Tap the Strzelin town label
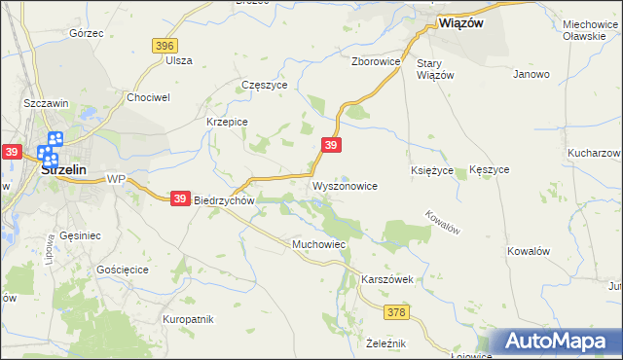[65, 169]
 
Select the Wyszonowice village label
[344, 185]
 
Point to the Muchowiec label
[319, 243]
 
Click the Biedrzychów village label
[224, 199]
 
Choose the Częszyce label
[264, 85]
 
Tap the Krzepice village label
[227, 122]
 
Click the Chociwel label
[149, 97]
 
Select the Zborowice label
[377, 60]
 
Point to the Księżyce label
[432, 169]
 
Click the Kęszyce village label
[489, 169]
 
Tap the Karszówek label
[387, 279]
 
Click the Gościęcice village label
[122, 268]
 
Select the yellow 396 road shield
[164, 46]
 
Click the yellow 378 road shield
[396, 312]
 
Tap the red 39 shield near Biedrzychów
[180, 198]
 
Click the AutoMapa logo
[561, 342]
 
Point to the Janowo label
[531, 74]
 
